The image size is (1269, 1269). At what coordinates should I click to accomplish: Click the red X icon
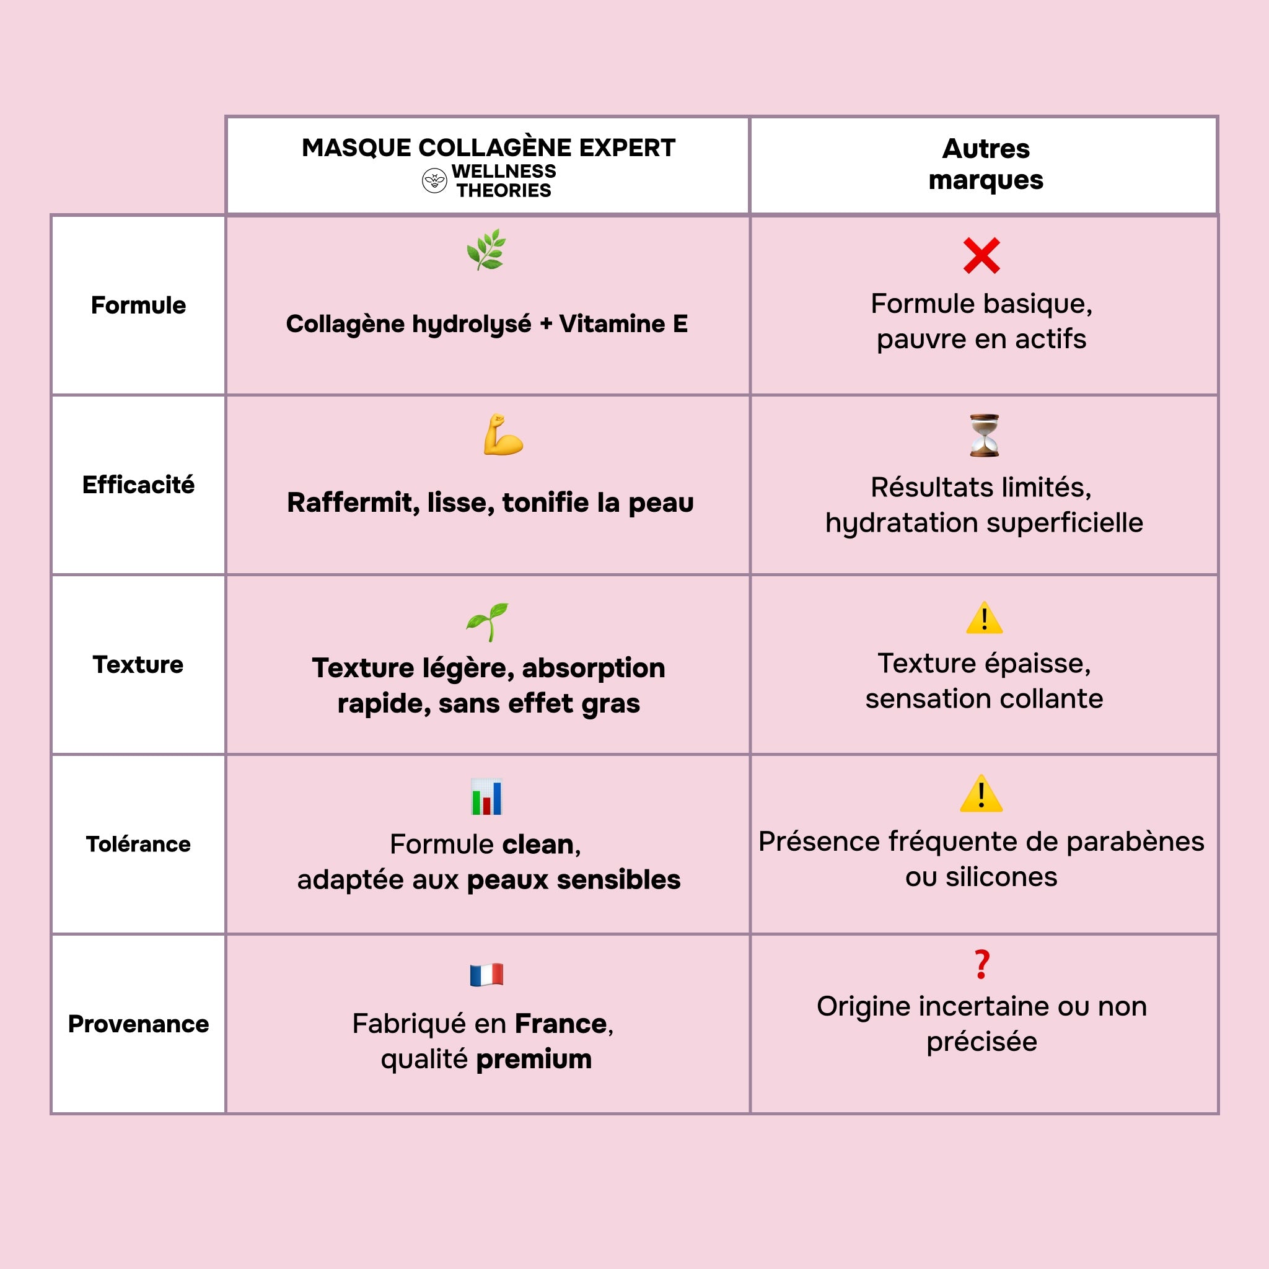click(981, 255)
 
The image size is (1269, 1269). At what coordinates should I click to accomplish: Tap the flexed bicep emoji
click(503, 435)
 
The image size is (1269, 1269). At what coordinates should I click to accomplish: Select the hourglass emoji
click(984, 436)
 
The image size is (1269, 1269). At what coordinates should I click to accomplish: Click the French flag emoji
click(486, 975)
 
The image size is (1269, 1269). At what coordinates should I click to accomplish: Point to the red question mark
click(981, 965)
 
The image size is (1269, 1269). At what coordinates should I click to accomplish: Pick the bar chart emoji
click(486, 797)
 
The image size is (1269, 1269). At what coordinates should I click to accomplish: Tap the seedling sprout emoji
click(488, 621)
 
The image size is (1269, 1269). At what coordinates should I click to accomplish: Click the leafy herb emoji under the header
click(486, 250)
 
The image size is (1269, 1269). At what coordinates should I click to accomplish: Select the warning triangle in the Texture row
click(984, 619)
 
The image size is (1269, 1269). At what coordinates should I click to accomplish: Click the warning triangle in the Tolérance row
click(981, 794)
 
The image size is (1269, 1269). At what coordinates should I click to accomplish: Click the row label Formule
click(139, 305)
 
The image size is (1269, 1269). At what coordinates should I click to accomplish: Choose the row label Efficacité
click(139, 485)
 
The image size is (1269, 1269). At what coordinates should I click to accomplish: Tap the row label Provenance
click(139, 1024)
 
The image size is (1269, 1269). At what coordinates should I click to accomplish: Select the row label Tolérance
click(139, 844)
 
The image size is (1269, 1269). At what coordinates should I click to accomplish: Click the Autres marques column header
click(985, 164)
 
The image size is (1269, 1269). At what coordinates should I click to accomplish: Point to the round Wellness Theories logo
click(434, 181)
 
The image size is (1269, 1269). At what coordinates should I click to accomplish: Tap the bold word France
click(560, 1024)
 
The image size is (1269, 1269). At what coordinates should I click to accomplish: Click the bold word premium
click(534, 1060)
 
